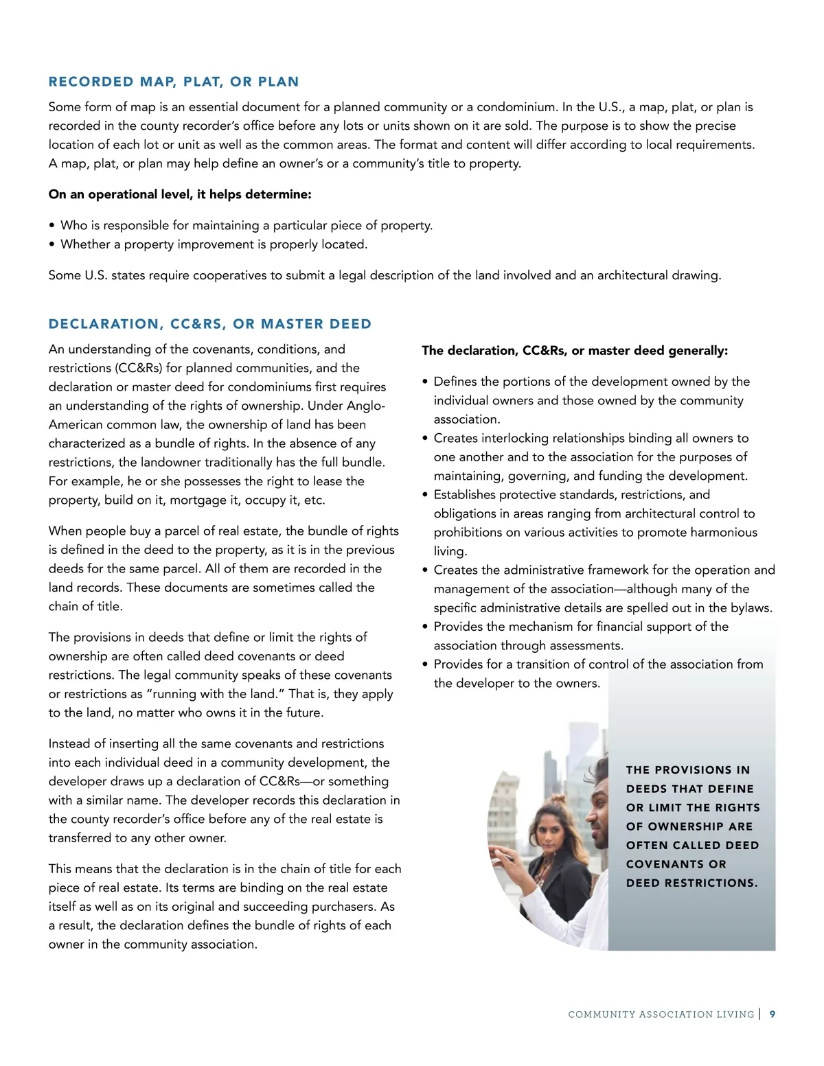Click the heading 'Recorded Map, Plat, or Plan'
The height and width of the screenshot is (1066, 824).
[174, 82]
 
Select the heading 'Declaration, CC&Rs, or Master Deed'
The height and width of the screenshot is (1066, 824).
[210, 324]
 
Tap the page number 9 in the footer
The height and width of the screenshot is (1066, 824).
[772, 1014]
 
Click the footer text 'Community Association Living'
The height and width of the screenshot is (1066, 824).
[661, 1015]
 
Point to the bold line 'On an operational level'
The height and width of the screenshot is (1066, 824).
[180, 194]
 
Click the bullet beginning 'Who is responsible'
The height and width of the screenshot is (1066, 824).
[246, 225]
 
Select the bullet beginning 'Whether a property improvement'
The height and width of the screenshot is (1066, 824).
[214, 244]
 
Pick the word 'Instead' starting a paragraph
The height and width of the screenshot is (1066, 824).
[69, 743]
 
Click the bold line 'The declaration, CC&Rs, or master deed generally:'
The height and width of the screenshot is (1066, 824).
[575, 351]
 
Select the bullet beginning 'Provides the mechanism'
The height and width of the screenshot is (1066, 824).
[581, 627]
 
